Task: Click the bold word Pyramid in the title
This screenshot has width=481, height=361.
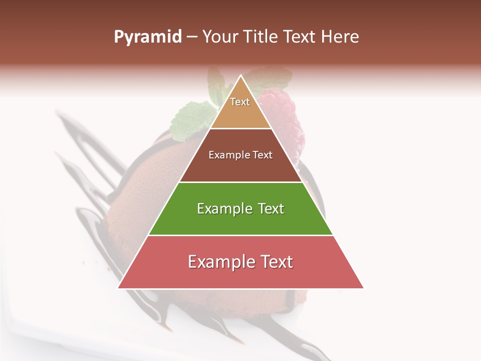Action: coord(147,37)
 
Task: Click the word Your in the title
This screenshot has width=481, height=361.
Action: coord(220,37)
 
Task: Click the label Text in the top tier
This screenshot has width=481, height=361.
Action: coord(240,102)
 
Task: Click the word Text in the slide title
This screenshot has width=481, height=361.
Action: coord(300,37)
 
